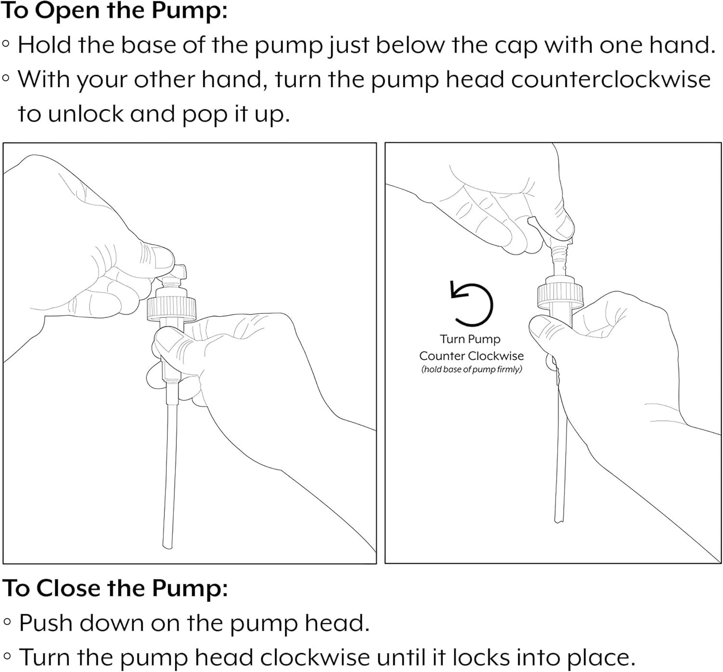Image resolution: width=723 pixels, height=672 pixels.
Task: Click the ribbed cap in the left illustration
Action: [172, 309]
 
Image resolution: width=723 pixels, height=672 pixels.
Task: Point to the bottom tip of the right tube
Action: [559, 522]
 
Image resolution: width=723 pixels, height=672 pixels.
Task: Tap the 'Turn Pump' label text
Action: [470, 339]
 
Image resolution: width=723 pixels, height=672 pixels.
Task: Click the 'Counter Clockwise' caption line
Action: [471, 356]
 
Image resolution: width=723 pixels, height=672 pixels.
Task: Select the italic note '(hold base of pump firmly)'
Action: [472, 369]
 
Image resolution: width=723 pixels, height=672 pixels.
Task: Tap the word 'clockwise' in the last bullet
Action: [315, 658]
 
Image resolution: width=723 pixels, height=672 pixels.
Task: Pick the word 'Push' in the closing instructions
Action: [46, 623]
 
